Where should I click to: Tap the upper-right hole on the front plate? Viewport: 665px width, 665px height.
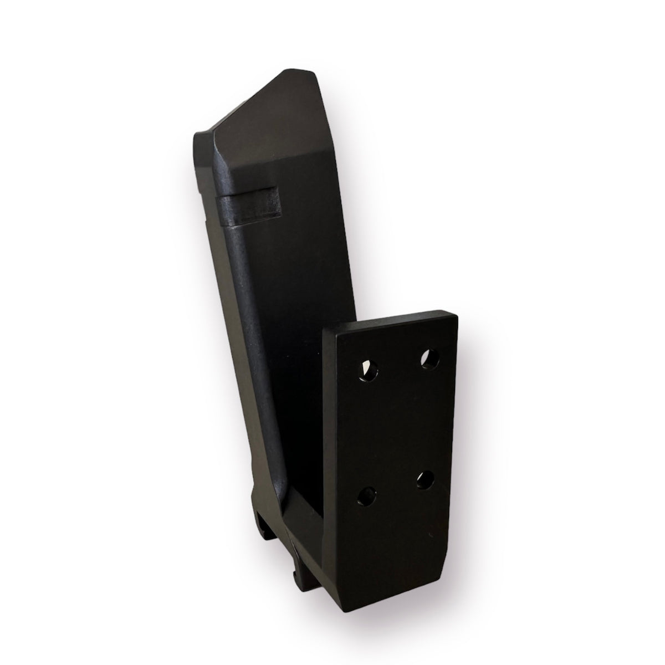(x=429, y=360)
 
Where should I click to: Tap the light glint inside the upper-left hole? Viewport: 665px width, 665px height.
(x=365, y=367)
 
